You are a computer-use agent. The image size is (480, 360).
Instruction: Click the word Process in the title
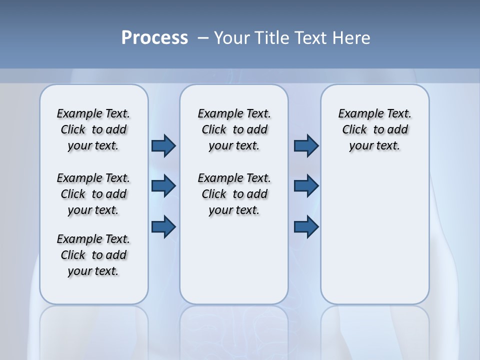154,38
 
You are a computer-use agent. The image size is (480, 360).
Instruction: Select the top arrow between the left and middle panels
163,145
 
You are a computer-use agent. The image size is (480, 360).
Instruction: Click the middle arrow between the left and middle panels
163,186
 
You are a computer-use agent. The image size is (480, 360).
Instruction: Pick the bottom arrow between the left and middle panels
163,226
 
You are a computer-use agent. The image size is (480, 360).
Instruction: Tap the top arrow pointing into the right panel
306,145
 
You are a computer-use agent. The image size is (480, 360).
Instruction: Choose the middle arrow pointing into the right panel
306,186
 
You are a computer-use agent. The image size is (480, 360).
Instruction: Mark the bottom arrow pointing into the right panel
306,226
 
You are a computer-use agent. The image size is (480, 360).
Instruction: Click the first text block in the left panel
93,129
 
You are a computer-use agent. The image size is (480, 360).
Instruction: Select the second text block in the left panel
93,194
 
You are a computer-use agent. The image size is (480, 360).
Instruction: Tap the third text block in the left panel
93,255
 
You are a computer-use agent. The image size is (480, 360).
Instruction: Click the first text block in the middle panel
234,129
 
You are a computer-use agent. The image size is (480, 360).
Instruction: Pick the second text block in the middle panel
234,194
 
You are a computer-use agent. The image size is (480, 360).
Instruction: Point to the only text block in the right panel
374,129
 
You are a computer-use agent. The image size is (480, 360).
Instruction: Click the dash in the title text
203,38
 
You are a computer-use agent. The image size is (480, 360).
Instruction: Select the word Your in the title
232,38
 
